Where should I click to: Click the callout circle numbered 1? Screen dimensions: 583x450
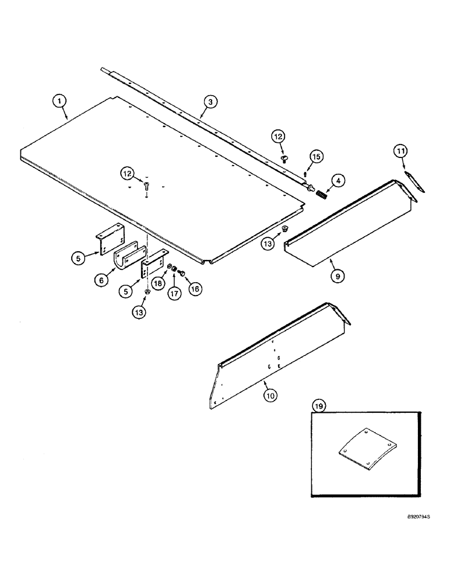[x=58, y=101]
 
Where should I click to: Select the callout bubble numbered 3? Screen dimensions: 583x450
[x=210, y=101]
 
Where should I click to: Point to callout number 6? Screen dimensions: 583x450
[x=101, y=280]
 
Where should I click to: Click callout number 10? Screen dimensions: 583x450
[x=269, y=395]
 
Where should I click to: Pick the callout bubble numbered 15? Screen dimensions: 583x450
[x=315, y=157]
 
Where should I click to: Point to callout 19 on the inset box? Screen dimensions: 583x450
[x=317, y=405]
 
